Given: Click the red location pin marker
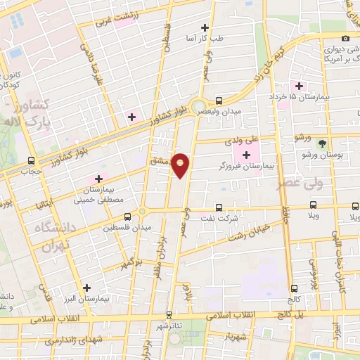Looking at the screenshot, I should pos(181,165).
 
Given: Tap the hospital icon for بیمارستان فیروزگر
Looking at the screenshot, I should pos(246,155).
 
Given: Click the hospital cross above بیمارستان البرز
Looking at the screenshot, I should pos(86,288).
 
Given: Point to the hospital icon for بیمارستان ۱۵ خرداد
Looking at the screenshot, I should pos(300,86).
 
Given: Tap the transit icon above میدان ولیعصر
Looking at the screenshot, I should pos(219,101).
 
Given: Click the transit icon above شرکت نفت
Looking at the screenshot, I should pos(219,207).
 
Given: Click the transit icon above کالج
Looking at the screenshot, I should pos(294,288).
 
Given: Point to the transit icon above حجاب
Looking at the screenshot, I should pos(30,160).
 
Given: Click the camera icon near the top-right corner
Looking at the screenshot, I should pos(345,38).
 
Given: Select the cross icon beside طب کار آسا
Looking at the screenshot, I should pos(205,27).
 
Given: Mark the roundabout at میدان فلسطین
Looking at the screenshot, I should pos(142,211).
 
